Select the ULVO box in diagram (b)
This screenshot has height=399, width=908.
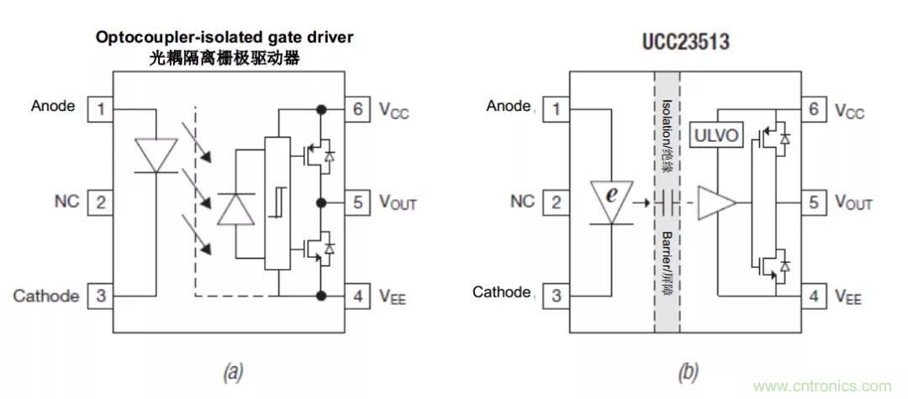[716, 134]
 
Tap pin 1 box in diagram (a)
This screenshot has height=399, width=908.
[100, 108]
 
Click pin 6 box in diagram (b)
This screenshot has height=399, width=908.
[813, 109]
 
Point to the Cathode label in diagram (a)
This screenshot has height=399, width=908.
[46, 296]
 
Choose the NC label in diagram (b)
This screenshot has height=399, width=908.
[522, 202]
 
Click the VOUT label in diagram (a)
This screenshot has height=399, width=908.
[398, 202]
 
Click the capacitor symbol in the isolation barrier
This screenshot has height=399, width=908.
[667, 202]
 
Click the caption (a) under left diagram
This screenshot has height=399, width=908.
[230, 370]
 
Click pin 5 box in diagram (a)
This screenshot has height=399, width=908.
[357, 202]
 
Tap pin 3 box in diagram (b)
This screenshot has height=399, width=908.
[556, 296]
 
